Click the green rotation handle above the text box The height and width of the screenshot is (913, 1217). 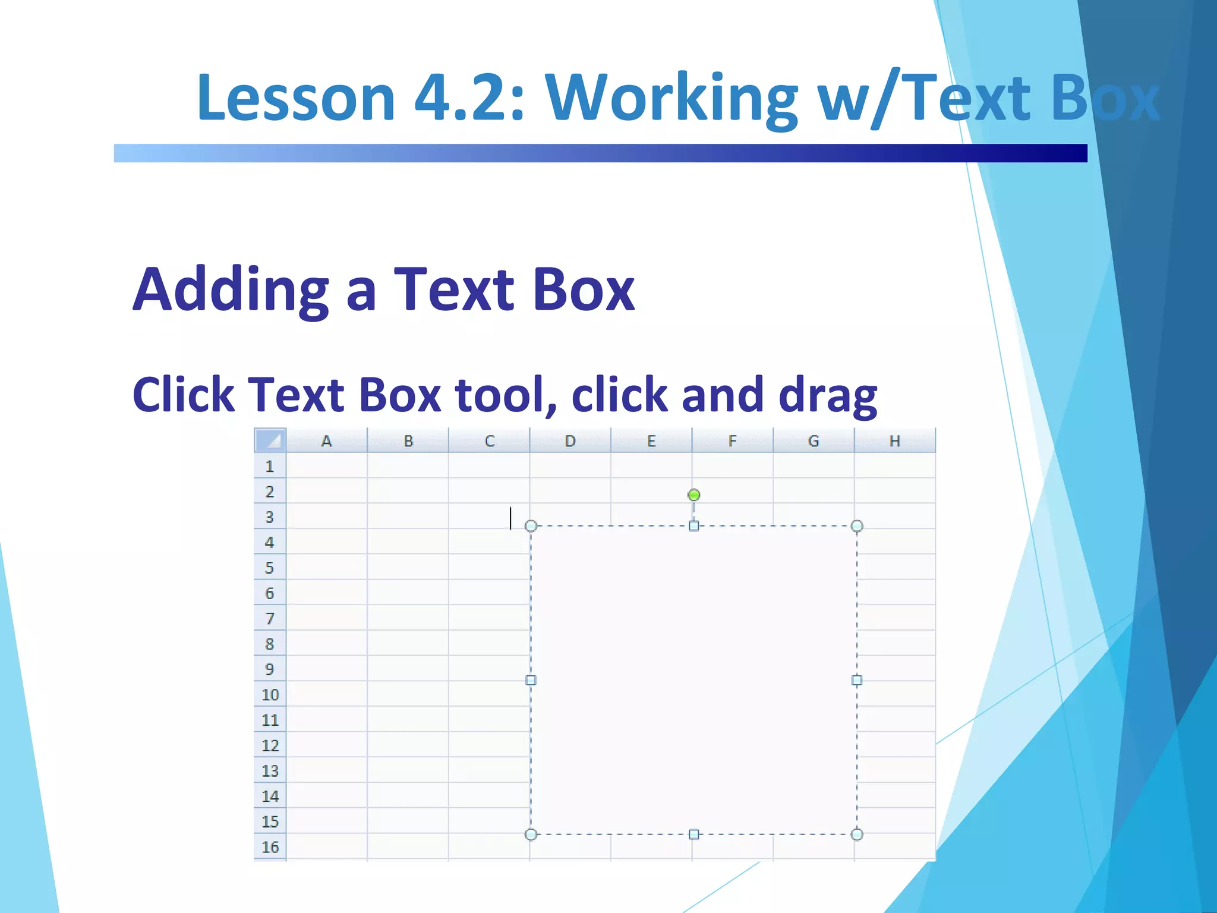[x=693, y=495]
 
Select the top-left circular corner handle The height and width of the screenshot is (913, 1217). [x=531, y=526]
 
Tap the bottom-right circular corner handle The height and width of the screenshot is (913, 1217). [x=857, y=835]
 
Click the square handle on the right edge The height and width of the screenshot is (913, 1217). [x=857, y=680]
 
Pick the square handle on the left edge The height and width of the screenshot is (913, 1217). [x=531, y=680]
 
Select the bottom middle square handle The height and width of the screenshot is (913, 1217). [x=693, y=835]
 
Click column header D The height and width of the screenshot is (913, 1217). [x=570, y=441]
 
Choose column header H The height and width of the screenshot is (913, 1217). [x=894, y=441]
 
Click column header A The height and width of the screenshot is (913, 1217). [x=326, y=441]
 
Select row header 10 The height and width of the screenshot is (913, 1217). [x=270, y=694]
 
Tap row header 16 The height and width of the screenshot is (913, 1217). [x=270, y=846]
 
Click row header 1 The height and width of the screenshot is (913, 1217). [x=270, y=466]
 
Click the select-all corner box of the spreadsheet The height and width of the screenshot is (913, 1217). [x=270, y=440]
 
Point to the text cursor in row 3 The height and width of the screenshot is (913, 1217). [x=510, y=518]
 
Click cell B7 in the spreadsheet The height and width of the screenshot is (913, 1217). [x=408, y=618]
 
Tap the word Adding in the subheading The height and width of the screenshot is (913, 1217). [x=231, y=290]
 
